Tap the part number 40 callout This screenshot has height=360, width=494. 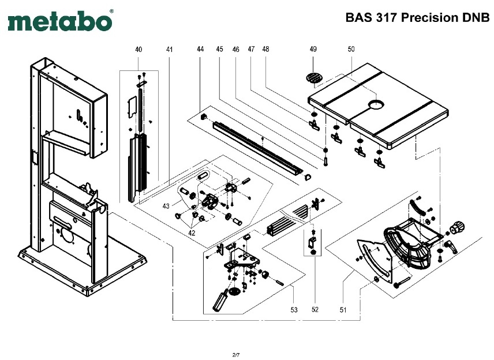click(139, 50)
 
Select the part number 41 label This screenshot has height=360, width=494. click(169, 50)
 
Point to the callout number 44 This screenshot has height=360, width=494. click(200, 50)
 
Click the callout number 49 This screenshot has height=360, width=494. click(313, 50)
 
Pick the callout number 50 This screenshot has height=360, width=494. click(351, 50)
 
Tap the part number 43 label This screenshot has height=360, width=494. click(166, 206)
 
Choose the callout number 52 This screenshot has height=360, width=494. click(315, 310)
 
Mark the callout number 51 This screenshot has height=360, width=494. click(343, 310)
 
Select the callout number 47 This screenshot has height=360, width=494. click(251, 50)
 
